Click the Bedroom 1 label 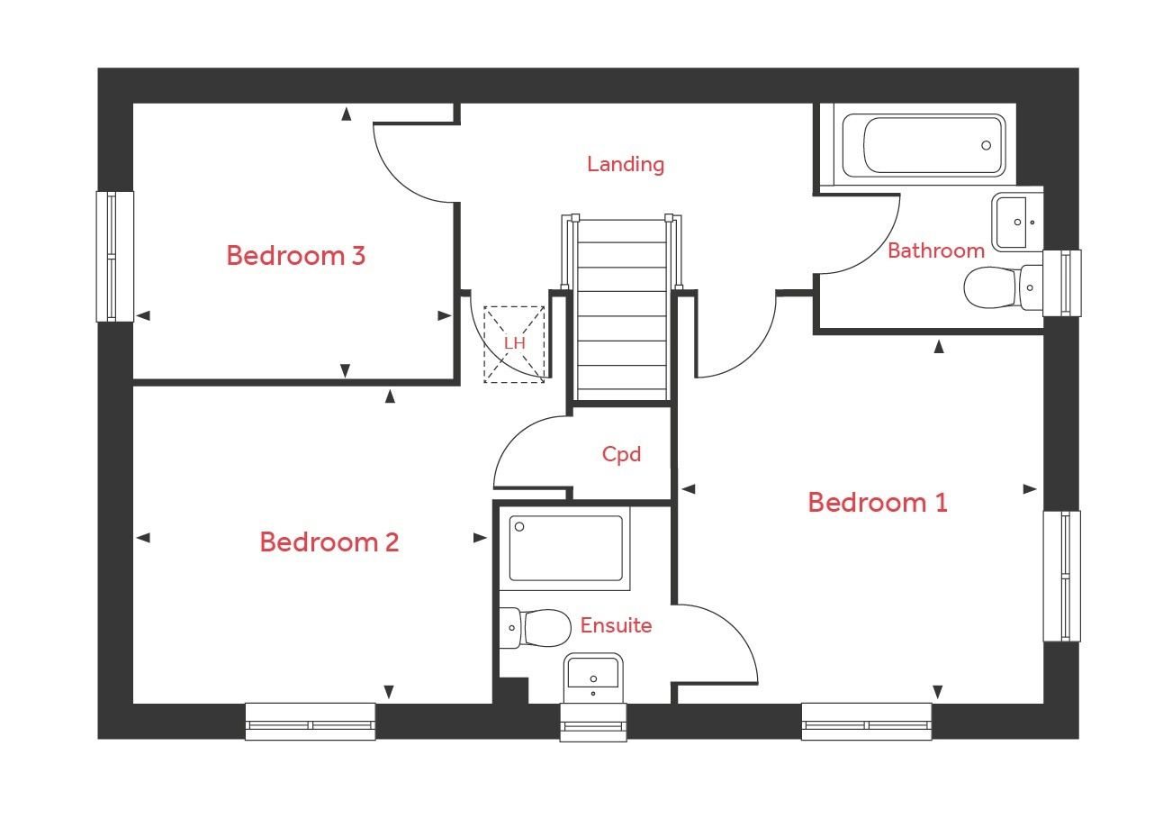[x=877, y=502]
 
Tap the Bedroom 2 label [x=329, y=542]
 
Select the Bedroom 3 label [x=295, y=256]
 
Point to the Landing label [x=626, y=164]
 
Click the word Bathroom [x=935, y=250]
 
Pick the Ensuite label [x=616, y=625]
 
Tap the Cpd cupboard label [x=621, y=454]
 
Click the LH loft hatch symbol [x=514, y=344]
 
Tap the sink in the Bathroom [x=1017, y=221]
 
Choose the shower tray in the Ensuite [x=564, y=548]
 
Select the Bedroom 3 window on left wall [x=114, y=257]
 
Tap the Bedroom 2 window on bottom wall [x=311, y=723]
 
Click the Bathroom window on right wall [x=1062, y=283]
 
